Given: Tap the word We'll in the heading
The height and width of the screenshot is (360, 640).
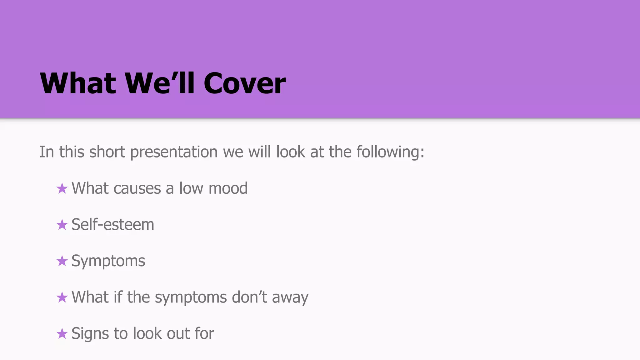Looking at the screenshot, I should pyautogui.click(x=160, y=83).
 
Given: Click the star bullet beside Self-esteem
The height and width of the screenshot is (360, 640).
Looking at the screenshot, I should pyautogui.click(x=62, y=225).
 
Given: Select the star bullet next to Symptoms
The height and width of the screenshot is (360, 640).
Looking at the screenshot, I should pyautogui.click(x=62, y=261).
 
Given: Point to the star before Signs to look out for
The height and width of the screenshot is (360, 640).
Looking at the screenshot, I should pyautogui.click(x=62, y=333).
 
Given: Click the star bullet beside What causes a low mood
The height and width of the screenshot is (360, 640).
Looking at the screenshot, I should pyautogui.click(x=62, y=188).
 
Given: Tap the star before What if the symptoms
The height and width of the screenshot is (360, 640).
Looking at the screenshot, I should pyautogui.click(x=62, y=297).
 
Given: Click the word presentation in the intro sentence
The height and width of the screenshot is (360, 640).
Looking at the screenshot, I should pyautogui.click(x=174, y=152).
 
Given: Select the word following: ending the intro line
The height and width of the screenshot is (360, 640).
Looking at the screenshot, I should pyautogui.click(x=390, y=152).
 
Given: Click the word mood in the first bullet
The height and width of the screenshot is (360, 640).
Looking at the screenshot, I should pyautogui.click(x=228, y=188).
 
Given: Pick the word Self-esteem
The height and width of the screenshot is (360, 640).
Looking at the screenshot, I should pyautogui.click(x=113, y=225).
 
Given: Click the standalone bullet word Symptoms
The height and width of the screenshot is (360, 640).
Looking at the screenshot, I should pyautogui.click(x=108, y=261).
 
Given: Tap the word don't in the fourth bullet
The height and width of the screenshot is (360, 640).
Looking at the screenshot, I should pyautogui.click(x=249, y=297).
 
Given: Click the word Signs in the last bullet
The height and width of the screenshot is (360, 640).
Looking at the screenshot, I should pyautogui.click(x=90, y=334).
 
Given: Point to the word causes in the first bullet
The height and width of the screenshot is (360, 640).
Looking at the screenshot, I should pyautogui.click(x=137, y=189).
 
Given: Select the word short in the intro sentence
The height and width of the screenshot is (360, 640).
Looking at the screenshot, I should pyautogui.click(x=107, y=152).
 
